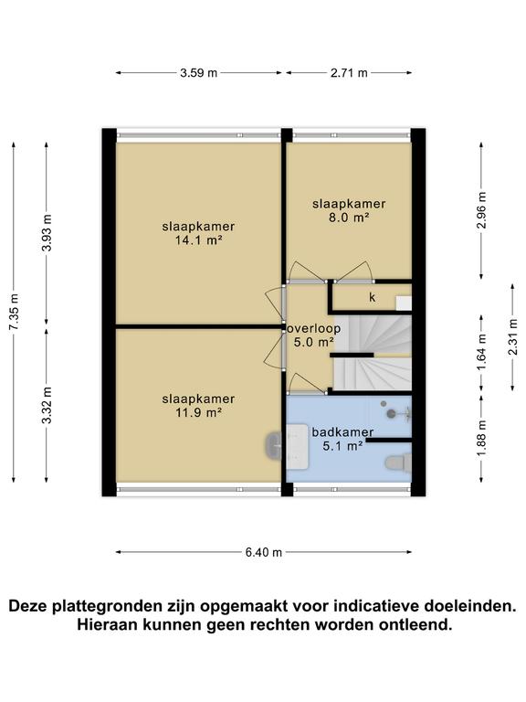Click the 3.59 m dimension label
coord(200,73)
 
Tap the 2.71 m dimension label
coord(349,73)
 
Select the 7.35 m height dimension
coord(14,312)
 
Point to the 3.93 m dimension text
coord(47,234)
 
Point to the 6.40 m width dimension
coord(263,552)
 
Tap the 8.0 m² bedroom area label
coord(349,218)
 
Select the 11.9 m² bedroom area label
coord(198,412)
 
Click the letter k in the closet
coord(372,298)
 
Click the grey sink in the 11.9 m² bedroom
coord(272,445)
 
